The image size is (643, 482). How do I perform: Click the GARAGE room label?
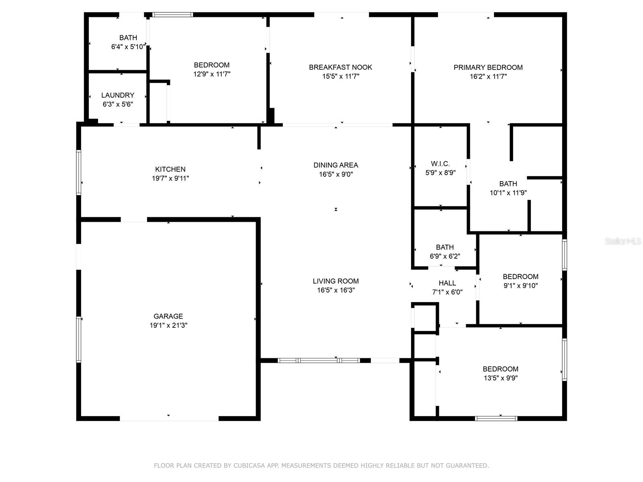(168, 316)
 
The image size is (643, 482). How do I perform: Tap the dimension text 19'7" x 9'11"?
(170, 178)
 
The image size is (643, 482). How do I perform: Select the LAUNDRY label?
(117, 95)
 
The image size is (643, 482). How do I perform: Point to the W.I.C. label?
(440, 163)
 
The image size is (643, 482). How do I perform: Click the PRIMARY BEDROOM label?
(488, 67)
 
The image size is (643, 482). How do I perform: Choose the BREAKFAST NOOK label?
(340, 67)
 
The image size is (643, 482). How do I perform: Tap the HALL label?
(447, 283)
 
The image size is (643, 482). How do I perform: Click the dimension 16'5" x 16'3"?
(336, 290)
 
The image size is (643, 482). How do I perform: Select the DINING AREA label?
(336, 165)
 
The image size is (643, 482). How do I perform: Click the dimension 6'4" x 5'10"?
(128, 47)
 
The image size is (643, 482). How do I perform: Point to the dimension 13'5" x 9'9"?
(500, 378)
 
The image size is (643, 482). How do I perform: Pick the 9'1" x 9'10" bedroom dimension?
(520, 286)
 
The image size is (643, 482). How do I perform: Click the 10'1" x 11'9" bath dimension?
(508, 193)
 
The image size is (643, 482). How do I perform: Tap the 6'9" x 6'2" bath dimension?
(445, 256)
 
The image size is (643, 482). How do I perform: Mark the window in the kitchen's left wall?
(79, 173)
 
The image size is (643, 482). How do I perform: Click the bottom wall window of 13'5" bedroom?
(496, 419)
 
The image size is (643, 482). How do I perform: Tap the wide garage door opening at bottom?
(169, 419)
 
